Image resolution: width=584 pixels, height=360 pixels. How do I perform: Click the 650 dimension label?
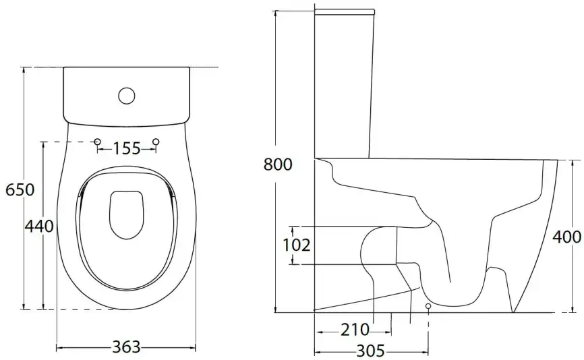pyautogui.click(x=20, y=190)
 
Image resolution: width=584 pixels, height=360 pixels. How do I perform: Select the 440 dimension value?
pyautogui.click(x=39, y=226)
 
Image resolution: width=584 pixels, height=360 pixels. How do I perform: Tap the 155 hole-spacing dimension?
pyautogui.click(x=127, y=148)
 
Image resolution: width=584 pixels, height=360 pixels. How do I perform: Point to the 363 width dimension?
pyautogui.click(x=126, y=347)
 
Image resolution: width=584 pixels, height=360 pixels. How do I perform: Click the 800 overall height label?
pyautogui.click(x=278, y=164)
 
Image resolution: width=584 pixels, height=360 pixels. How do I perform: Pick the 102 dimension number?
pyautogui.click(x=297, y=245)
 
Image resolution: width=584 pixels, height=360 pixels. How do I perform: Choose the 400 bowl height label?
pyautogui.click(x=566, y=237)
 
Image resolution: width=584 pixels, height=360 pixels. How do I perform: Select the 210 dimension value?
pyautogui.click(x=355, y=330)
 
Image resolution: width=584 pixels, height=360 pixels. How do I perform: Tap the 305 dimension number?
pyautogui.click(x=371, y=351)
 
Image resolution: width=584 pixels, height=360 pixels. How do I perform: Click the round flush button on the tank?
pyautogui.click(x=127, y=96)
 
